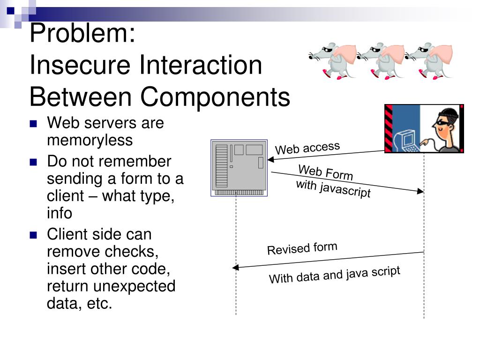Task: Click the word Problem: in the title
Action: tap(82, 34)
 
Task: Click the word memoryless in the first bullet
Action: tap(90, 140)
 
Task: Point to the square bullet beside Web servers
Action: tap(33, 124)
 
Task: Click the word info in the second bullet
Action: tap(60, 213)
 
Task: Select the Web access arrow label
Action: tap(307, 148)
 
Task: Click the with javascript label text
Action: tap(333, 188)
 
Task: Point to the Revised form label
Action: tap(302, 248)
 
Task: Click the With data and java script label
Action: tap(334, 275)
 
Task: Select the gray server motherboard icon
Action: tap(239, 167)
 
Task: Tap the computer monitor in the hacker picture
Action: tap(404, 139)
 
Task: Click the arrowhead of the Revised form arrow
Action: tap(235, 268)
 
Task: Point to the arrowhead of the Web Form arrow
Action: tap(421, 191)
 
